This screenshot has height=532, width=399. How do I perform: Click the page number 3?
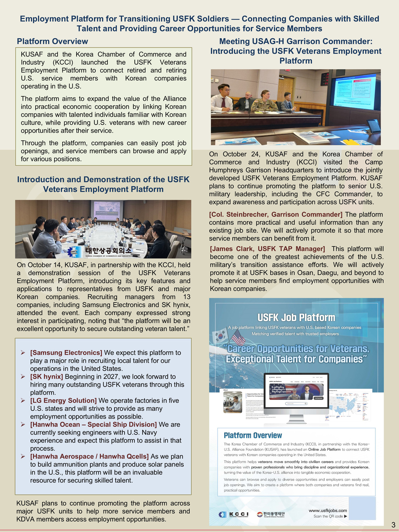[393, 525]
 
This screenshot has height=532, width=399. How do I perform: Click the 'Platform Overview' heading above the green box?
[52, 41]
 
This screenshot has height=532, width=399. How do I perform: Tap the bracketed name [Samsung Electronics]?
[66, 353]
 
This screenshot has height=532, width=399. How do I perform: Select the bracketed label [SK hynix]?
[47, 377]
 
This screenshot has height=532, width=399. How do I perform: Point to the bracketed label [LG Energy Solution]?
[63, 400]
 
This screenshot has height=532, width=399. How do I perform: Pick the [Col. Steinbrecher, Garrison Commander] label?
[276, 214]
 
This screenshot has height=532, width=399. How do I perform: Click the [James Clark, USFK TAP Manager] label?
[267, 249]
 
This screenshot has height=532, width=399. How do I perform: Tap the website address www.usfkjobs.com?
[328, 510]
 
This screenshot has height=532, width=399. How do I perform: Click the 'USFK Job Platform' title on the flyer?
[296, 317]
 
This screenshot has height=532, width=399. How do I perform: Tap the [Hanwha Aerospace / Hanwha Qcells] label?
[89, 456]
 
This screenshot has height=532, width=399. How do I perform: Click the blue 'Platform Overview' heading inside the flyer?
[253, 435]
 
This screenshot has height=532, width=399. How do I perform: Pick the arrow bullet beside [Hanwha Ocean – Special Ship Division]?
[23, 425]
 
